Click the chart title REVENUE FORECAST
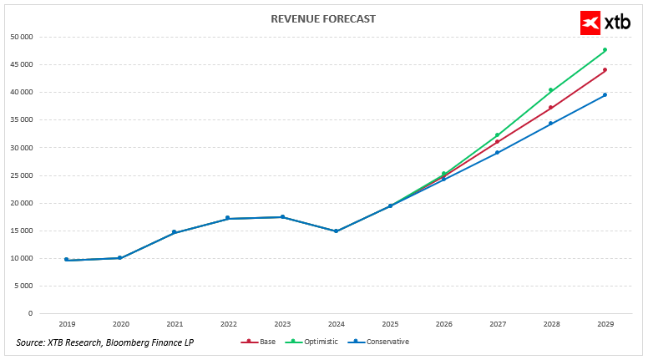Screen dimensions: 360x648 [x=323, y=18]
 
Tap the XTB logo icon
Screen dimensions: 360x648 [x=591, y=23]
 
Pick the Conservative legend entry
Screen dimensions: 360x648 [x=382, y=342]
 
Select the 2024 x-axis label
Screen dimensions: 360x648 [x=336, y=324]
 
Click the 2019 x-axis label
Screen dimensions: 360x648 [x=66, y=324]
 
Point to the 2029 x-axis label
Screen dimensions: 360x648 [x=605, y=324]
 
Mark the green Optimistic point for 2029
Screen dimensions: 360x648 [x=605, y=50]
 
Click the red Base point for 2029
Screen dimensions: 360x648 [x=605, y=70]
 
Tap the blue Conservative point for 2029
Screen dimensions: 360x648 [x=605, y=95]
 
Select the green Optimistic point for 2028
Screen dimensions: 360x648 [x=551, y=90]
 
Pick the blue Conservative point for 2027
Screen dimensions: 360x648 [x=497, y=152]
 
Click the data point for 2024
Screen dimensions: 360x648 [x=336, y=231]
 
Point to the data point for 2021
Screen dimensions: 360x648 [x=174, y=232]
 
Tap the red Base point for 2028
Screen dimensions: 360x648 [x=551, y=108]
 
